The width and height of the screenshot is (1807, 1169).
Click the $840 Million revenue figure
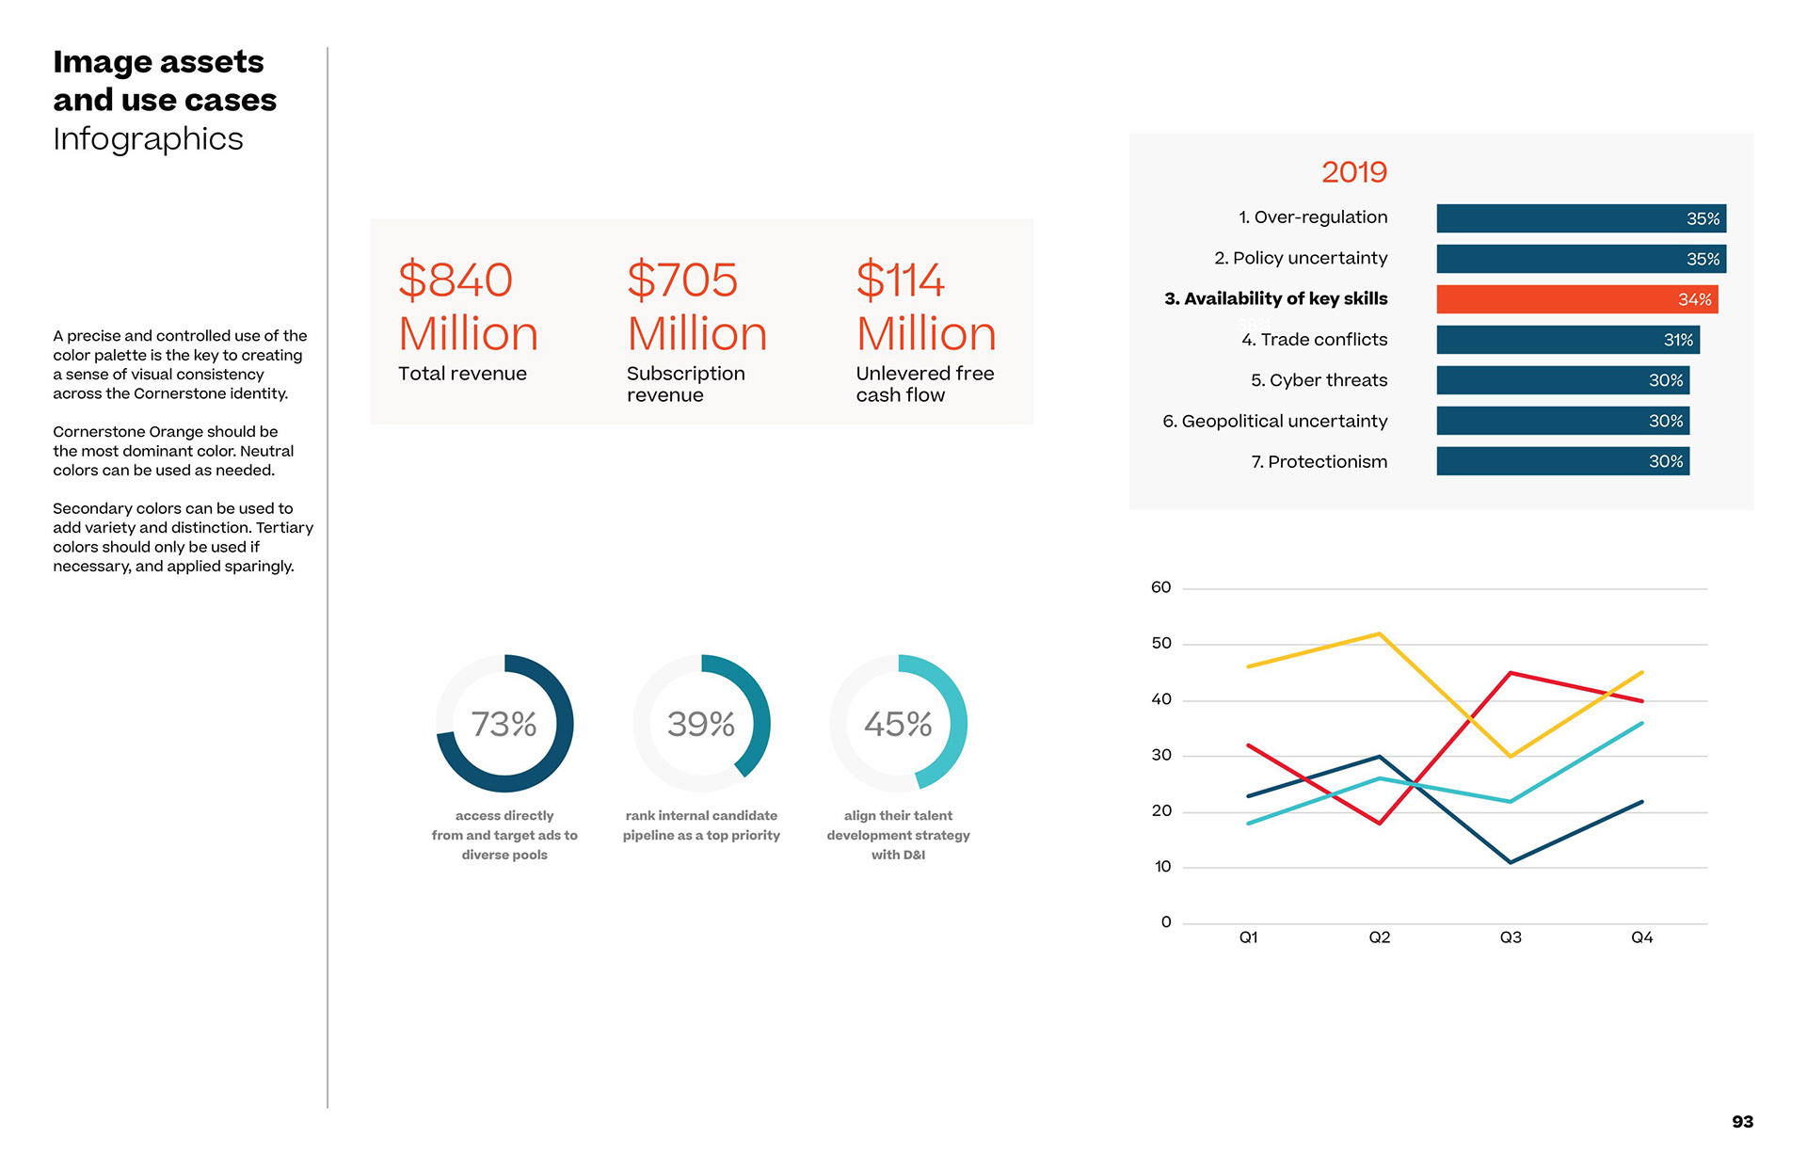click(468, 307)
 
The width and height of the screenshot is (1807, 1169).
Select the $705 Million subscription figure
click(696, 307)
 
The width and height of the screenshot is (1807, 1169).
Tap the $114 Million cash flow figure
click(925, 307)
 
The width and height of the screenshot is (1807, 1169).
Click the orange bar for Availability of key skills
click(1576, 299)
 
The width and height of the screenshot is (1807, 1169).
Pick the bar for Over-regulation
click(1580, 218)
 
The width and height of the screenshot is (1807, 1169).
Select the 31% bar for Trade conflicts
click(1567, 340)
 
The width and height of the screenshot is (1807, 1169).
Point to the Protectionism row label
click(1319, 462)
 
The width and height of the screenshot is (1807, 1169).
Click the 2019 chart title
click(1353, 172)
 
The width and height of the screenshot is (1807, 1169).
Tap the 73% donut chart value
click(504, 724)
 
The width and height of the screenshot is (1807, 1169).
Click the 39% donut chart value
click(701, 724)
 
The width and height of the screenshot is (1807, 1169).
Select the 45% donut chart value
click(898, 724)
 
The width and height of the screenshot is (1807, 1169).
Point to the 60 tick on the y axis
click(1160, 588)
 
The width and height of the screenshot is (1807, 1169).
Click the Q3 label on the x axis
click(1511, 937)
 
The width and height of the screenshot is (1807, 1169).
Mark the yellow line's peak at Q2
click(1380, 633)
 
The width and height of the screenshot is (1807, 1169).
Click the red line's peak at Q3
click(1511, 673)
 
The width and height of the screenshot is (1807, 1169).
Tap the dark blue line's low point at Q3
click(1511, 862)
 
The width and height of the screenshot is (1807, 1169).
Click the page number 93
click(1742, 1122)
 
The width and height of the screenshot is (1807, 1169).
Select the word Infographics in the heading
click(148, 139)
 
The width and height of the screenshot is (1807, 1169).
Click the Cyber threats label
click(1319, 380)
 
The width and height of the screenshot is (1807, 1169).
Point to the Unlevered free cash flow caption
click(924, 384)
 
